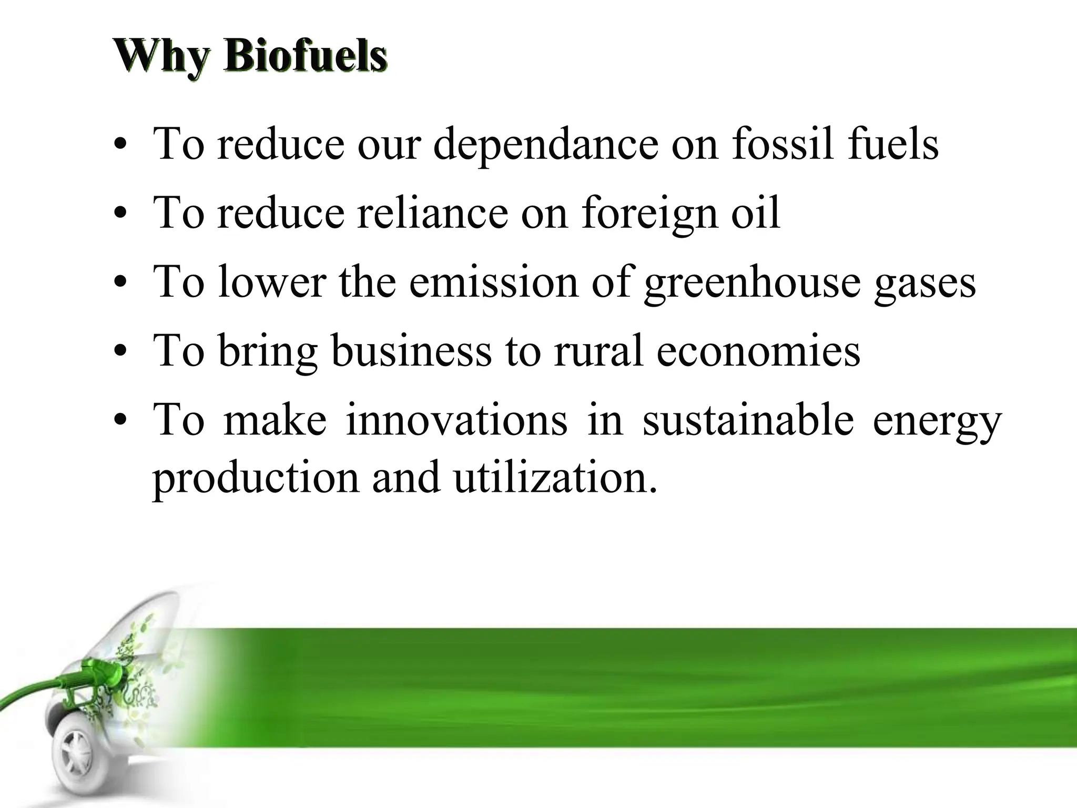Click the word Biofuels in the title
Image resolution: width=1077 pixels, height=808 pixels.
[x=305, y=57]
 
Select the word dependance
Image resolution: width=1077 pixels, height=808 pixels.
[x=545, y=144]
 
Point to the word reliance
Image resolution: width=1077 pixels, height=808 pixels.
[x=433, y=213]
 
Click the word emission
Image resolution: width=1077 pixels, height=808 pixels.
[x=493, y=282]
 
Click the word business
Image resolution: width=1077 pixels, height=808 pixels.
[x=411, y=350]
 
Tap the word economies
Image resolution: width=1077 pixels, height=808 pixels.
[x=758, y=350]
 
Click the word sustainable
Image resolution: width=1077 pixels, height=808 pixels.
[x=748, y=420]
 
